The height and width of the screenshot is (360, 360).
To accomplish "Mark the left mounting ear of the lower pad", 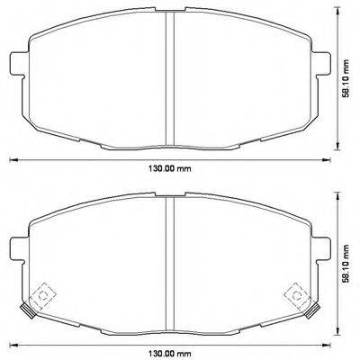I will pos(16,245).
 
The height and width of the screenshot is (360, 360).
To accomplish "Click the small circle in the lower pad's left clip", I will pos(40,294).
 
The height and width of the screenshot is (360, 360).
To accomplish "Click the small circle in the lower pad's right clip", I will pos(296,294).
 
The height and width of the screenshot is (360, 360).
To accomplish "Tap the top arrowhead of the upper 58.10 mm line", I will pos(337,13).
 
